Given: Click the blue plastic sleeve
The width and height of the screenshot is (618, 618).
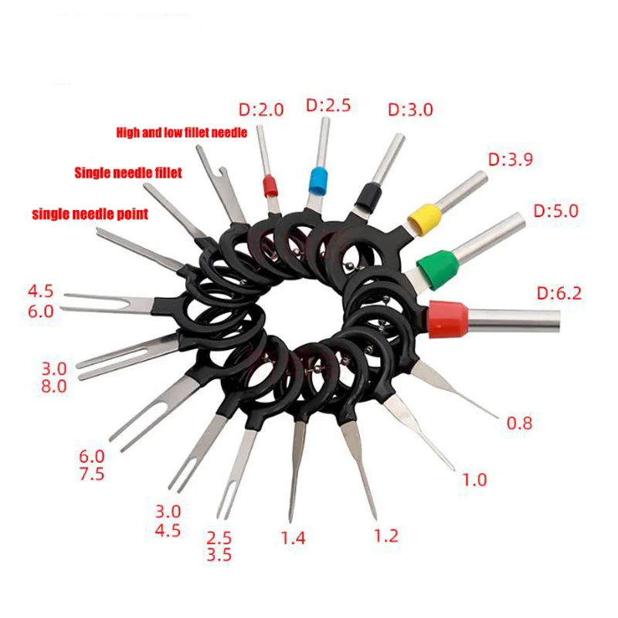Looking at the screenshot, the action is (x=318, y=181).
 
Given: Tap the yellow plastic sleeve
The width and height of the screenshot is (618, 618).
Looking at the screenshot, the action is (x=424, y=219).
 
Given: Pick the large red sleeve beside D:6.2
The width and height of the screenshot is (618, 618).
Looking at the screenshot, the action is (x=448, y=319).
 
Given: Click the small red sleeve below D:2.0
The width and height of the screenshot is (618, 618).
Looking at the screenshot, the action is (x=270, y=185).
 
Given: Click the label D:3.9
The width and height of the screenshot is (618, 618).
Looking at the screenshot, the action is (x=511, y=160).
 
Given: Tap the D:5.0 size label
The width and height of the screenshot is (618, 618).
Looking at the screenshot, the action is (x=555, y=211).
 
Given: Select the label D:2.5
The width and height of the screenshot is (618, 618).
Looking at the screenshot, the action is (x=328, y=105).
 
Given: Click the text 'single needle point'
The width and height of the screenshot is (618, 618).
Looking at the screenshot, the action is (x=90, y=214).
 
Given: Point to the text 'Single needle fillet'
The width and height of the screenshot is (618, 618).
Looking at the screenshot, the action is (x=128, y=172).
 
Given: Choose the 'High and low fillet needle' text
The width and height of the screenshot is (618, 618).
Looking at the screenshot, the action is (x=182, y=132).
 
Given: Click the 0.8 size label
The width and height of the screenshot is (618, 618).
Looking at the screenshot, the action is (x=519, y=423).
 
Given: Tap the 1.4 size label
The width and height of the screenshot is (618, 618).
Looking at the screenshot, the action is (x=293, y=538).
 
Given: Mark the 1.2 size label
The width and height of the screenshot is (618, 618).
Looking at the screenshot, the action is (x=385, y=536).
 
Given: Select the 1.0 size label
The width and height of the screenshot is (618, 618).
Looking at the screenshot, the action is (x=474, y=480).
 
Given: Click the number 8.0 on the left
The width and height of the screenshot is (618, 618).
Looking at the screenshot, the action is (x=54, y=386).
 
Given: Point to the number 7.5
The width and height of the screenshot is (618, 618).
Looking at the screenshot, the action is (x=92, y=474).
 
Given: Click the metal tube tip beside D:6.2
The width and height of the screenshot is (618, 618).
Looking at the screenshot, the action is (x=555, y=321).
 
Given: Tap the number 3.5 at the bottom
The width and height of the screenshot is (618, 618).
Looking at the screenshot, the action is (x=219, y=555).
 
